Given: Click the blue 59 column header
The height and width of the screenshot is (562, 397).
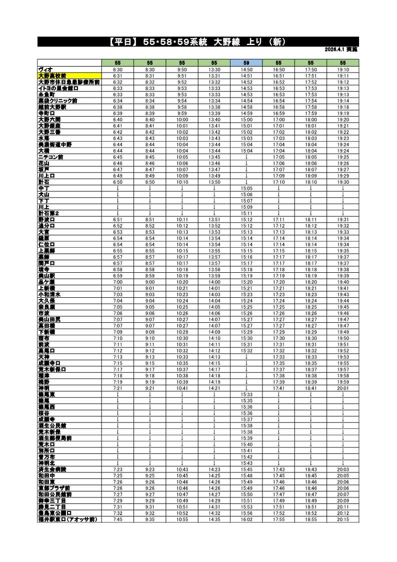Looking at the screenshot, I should (246, 63).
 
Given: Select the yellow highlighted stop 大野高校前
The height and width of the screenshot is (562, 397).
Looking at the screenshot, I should (52, 76).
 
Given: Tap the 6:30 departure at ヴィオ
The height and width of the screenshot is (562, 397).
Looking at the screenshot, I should (118, 70).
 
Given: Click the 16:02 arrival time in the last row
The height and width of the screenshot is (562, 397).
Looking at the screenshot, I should (246, 519).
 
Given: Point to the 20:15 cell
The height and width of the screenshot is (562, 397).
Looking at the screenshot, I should (343, 519).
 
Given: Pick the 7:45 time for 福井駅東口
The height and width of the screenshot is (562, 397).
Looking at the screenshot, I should (118, 519).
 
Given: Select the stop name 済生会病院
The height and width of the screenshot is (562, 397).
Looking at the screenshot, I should (52, 469).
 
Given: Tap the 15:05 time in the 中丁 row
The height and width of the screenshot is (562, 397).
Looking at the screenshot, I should (246, 188).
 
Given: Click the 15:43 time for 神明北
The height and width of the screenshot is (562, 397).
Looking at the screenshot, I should (246, 463).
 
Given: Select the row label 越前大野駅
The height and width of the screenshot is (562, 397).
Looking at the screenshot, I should (52, 107).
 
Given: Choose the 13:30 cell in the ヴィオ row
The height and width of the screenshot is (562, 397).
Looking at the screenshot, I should (214, 70).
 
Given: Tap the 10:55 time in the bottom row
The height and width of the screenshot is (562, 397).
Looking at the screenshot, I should (182, 519).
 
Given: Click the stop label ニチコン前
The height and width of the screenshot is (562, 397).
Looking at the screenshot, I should (50, 157).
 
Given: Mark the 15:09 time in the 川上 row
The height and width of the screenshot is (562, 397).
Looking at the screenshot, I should (246, 207).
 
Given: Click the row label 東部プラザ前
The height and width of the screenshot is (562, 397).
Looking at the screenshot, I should (54, 488).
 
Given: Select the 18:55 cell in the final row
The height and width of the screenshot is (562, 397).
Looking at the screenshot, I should (311, 519).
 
